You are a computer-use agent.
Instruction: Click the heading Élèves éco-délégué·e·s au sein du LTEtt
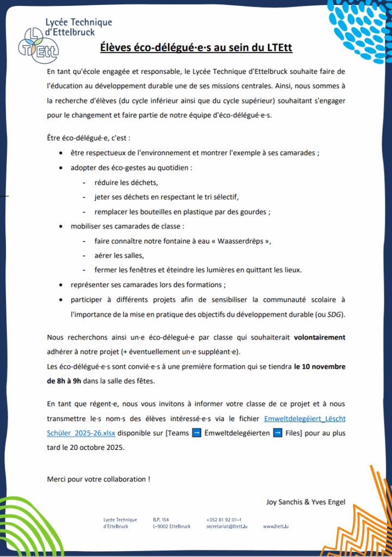196,48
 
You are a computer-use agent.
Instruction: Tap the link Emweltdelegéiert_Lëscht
304,418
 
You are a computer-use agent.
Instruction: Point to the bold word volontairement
320,337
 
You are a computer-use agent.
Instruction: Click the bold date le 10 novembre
320,366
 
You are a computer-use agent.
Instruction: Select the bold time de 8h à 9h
64,381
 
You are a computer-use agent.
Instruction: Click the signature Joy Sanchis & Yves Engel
305,502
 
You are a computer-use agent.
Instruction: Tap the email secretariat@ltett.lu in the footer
227,527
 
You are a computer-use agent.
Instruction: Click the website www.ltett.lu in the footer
275,527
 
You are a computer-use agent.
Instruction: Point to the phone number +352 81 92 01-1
224,519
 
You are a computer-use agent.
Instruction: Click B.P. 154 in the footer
161,519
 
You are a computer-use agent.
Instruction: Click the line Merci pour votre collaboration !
99,479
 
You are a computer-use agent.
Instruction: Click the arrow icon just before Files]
277,433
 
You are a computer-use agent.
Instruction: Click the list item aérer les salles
119,255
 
